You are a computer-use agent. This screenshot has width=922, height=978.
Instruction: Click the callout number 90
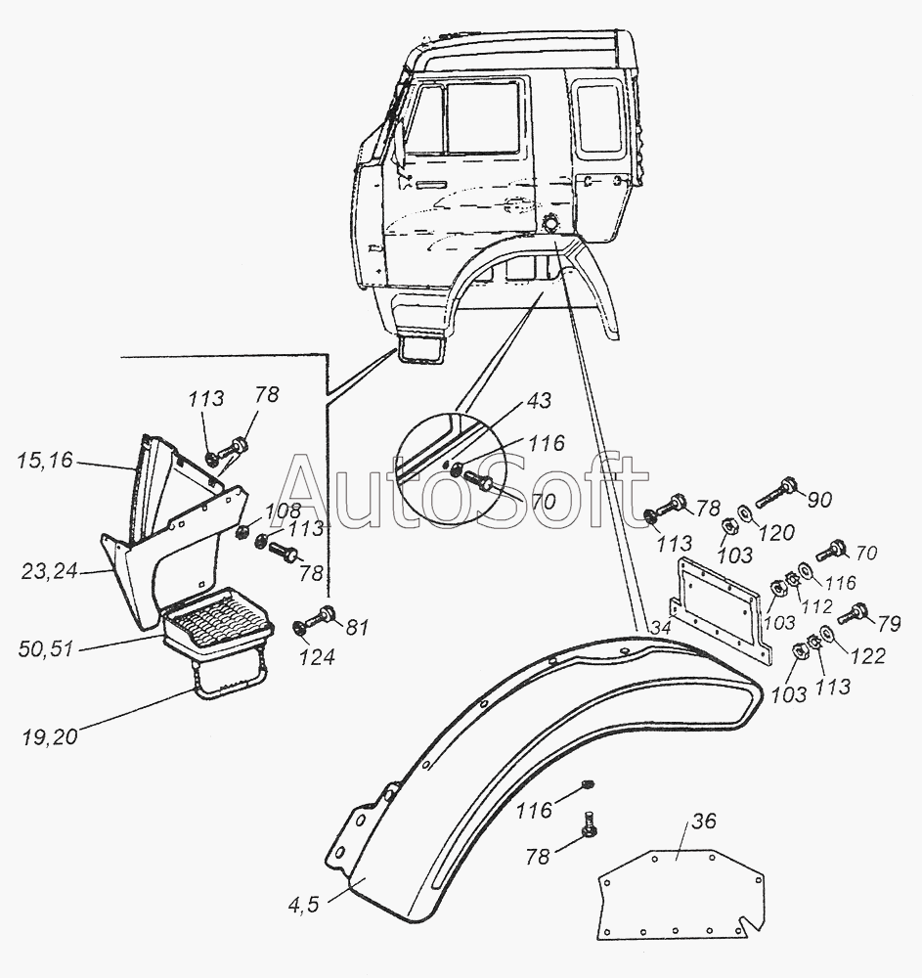point(818,500)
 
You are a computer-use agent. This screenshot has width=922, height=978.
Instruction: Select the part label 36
point(703,821)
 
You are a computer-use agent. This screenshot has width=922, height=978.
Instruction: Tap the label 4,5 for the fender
point(304,905)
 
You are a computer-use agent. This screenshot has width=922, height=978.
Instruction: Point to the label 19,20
point(50,736)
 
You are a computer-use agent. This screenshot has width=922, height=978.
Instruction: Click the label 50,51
point(46,648)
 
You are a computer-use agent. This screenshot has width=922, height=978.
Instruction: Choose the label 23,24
point(49,571)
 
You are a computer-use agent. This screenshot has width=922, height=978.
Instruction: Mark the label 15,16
point(45,461)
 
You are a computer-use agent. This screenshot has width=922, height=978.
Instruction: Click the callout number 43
point(540,400)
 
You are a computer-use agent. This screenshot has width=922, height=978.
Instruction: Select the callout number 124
point(316,657)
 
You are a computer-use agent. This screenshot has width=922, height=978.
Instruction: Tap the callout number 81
point(357,628)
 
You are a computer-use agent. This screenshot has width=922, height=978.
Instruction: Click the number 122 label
point(868,655)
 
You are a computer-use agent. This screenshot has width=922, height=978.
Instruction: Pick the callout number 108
point(283,511)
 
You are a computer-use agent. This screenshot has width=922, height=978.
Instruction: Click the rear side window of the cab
point(599,118)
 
